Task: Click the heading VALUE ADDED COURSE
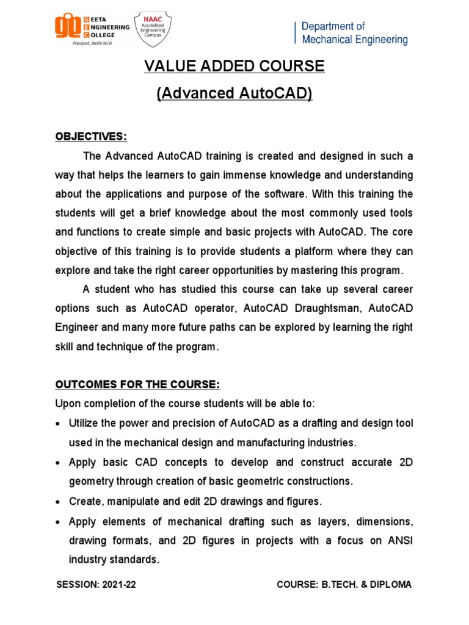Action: click(x=234, y=66)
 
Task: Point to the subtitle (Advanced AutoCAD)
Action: click(x=234, y=93)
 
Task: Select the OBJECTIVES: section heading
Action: click(x=91, y=137)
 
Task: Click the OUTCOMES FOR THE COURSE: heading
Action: click(x=137, y=385)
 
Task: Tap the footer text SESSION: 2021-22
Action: click(x=96, y=585)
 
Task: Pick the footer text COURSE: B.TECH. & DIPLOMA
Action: click(x=344, y=585)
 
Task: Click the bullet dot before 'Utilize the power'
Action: click(x=58, y=424)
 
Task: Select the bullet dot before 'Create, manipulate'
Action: click(x=58, y=502)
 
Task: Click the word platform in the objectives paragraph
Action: click(x=307, y=251)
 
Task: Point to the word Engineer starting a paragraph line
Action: click(x=76, y=327)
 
